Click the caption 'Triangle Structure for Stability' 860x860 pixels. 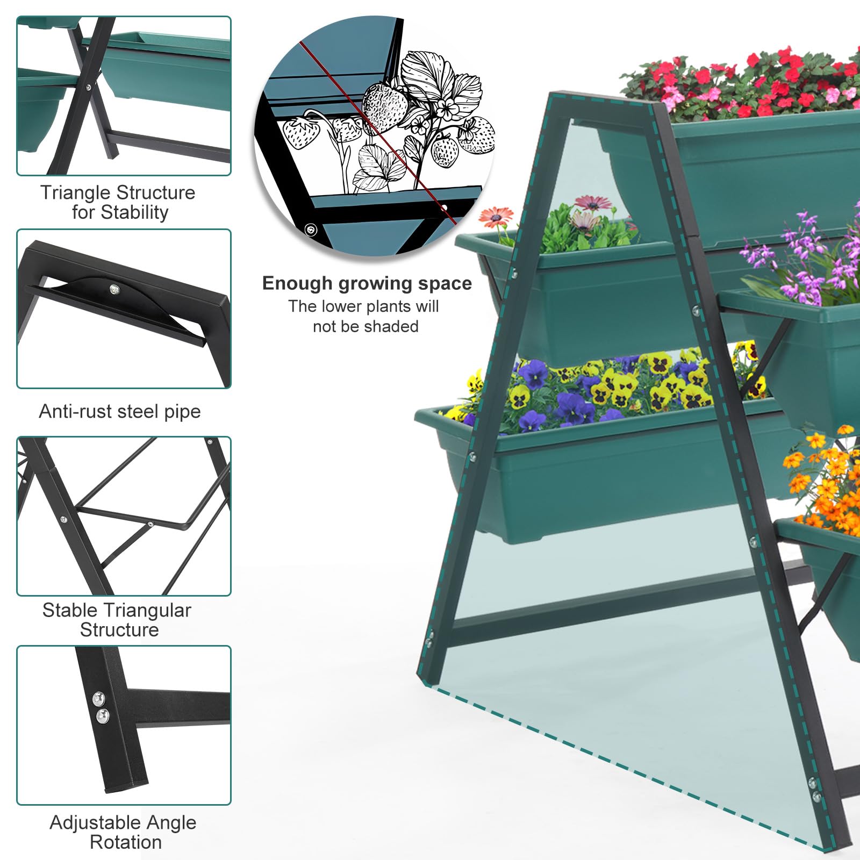point(118,203)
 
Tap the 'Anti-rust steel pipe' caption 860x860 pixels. point(120,411)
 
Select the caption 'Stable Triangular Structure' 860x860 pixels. point(117,620)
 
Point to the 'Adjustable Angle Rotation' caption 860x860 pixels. point(124,832)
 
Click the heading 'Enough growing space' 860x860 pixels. point(367,283)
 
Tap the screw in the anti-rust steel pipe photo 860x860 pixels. point(114,290)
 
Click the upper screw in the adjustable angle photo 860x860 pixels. point(98,698)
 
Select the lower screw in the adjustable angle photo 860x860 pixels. point(102,715)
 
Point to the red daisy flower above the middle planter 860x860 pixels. point(495,217)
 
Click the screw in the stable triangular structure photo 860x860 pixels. point(64,520)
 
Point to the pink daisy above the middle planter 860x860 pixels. point(593,203)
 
